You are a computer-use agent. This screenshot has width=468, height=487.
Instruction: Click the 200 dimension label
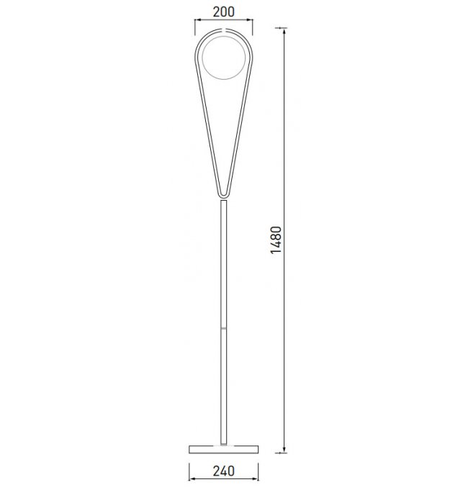224,12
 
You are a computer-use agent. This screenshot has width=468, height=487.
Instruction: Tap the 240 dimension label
224,470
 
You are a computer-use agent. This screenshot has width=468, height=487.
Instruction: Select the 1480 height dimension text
276,240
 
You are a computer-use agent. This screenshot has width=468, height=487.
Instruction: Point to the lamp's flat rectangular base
224,449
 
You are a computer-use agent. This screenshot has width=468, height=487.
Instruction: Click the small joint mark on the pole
224,328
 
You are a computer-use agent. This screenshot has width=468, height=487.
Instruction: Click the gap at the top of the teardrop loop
224,29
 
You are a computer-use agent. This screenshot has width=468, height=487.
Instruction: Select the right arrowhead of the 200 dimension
250,20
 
